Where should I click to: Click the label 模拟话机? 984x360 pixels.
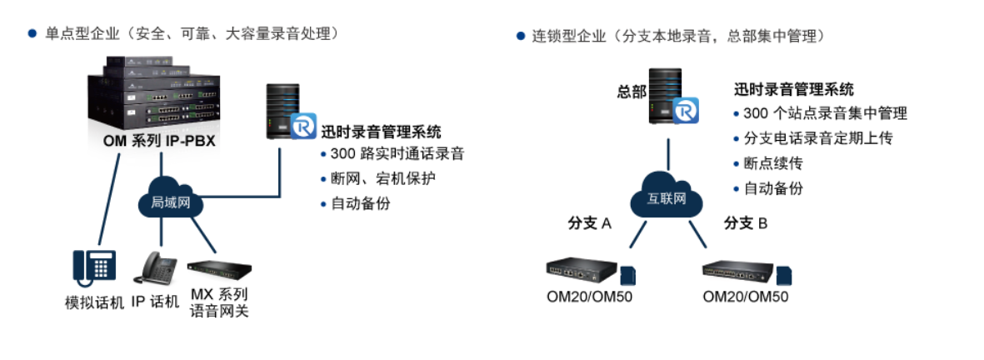(x=94, y=302)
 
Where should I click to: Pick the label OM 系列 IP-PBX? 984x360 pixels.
(x=159, y=141)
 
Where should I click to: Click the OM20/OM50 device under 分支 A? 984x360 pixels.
(x=582, y=270)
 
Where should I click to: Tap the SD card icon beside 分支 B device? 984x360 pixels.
(x=784, y=276)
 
